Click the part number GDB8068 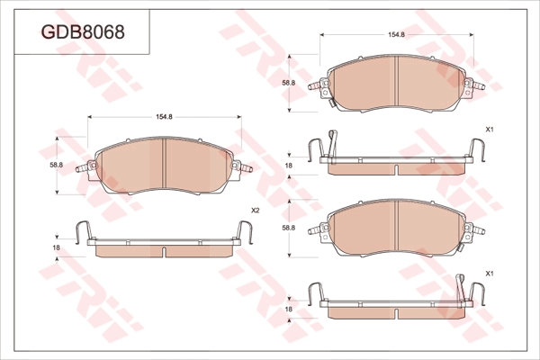83,32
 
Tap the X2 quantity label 255,211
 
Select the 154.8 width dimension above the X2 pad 164,117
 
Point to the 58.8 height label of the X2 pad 56,165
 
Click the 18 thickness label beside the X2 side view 57,247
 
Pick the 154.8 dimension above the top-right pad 396,34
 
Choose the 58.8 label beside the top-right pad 289,83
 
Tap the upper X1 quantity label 490,130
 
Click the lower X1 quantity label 490,274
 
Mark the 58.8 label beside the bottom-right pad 289,228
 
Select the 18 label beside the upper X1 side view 289,166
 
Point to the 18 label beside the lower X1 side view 289,309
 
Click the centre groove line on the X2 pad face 165,164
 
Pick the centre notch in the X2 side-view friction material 165,252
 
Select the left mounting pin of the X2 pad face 82,168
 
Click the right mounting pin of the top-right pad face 479,85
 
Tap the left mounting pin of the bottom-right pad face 315,230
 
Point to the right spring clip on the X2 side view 245,231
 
